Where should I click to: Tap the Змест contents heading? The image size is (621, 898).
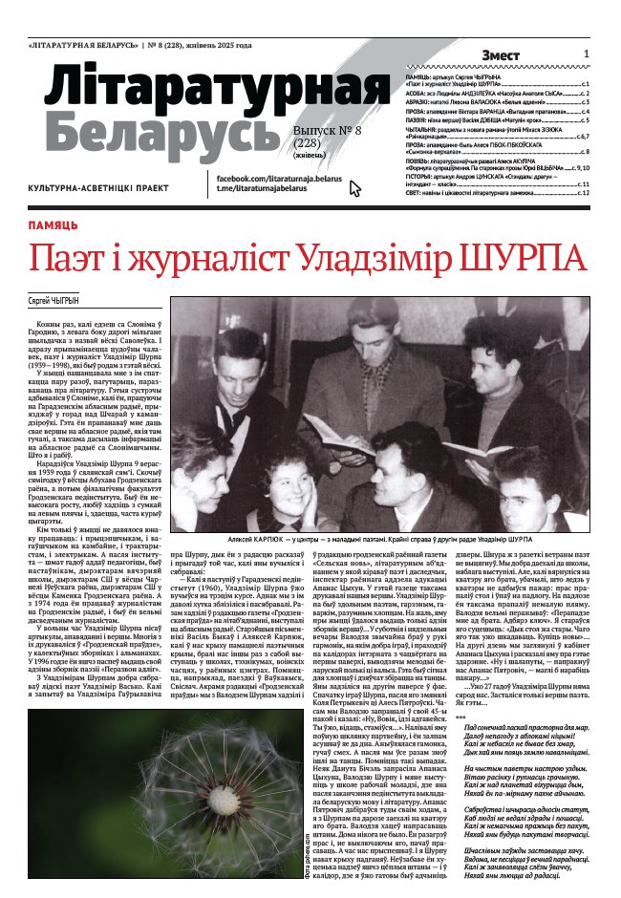point(501,55)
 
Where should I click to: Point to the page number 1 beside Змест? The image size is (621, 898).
point(586,54)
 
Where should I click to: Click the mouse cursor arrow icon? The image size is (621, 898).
point(355,188)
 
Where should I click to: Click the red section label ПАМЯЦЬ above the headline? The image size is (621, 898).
point(54,225)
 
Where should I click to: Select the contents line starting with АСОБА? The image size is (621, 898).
point(497,95)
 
